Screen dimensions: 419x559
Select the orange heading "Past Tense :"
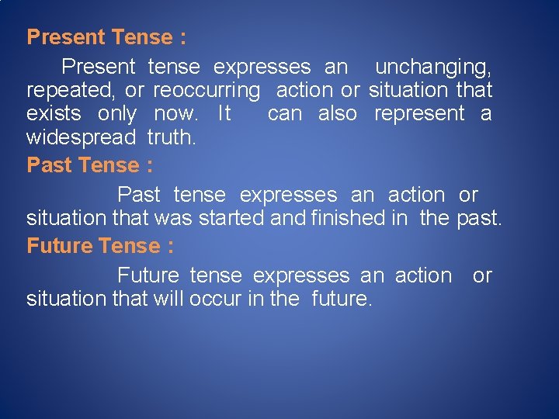click(89, 165)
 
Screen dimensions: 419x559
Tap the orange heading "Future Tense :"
click(100, 246)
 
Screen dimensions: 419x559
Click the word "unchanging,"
click(433, 68)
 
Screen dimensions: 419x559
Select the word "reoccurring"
click(207, 91)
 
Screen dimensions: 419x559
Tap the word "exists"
click(54, 114)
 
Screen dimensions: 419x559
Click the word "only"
click(117, 114)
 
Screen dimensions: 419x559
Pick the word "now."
click(175, 114)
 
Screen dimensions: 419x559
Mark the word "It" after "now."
click(224, 114)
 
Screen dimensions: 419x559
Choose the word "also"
click(338, 114)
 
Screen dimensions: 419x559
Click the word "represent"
click(419, 114)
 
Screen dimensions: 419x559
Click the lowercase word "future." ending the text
click(342, 300)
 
